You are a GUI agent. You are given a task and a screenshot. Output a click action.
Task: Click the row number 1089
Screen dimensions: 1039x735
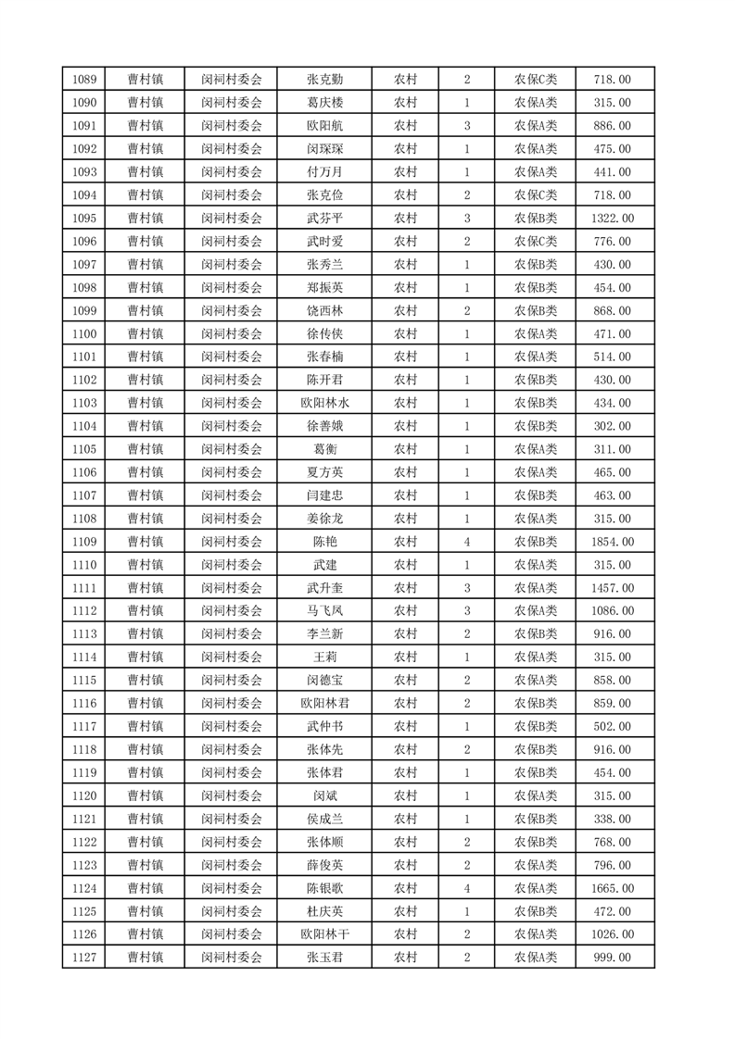82,80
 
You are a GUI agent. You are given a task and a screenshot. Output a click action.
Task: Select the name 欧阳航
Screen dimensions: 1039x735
324,126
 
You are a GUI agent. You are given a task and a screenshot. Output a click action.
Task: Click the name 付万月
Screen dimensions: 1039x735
324,172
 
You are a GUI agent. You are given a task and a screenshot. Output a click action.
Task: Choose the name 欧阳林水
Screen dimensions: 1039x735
324,403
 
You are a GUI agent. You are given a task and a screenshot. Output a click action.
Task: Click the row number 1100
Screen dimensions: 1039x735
82,333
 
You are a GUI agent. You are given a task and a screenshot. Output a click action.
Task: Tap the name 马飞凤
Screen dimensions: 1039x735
324,611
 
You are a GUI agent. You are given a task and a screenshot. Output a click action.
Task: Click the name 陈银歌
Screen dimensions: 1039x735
324,888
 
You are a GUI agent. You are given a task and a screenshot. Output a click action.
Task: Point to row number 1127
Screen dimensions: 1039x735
82,958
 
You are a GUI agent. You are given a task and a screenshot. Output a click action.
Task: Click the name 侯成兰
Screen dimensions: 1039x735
324,819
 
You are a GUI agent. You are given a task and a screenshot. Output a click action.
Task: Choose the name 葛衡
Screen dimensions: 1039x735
324,449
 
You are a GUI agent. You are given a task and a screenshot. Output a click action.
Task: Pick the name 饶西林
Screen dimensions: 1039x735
324,310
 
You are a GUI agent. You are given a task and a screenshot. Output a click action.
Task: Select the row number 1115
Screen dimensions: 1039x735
82,680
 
